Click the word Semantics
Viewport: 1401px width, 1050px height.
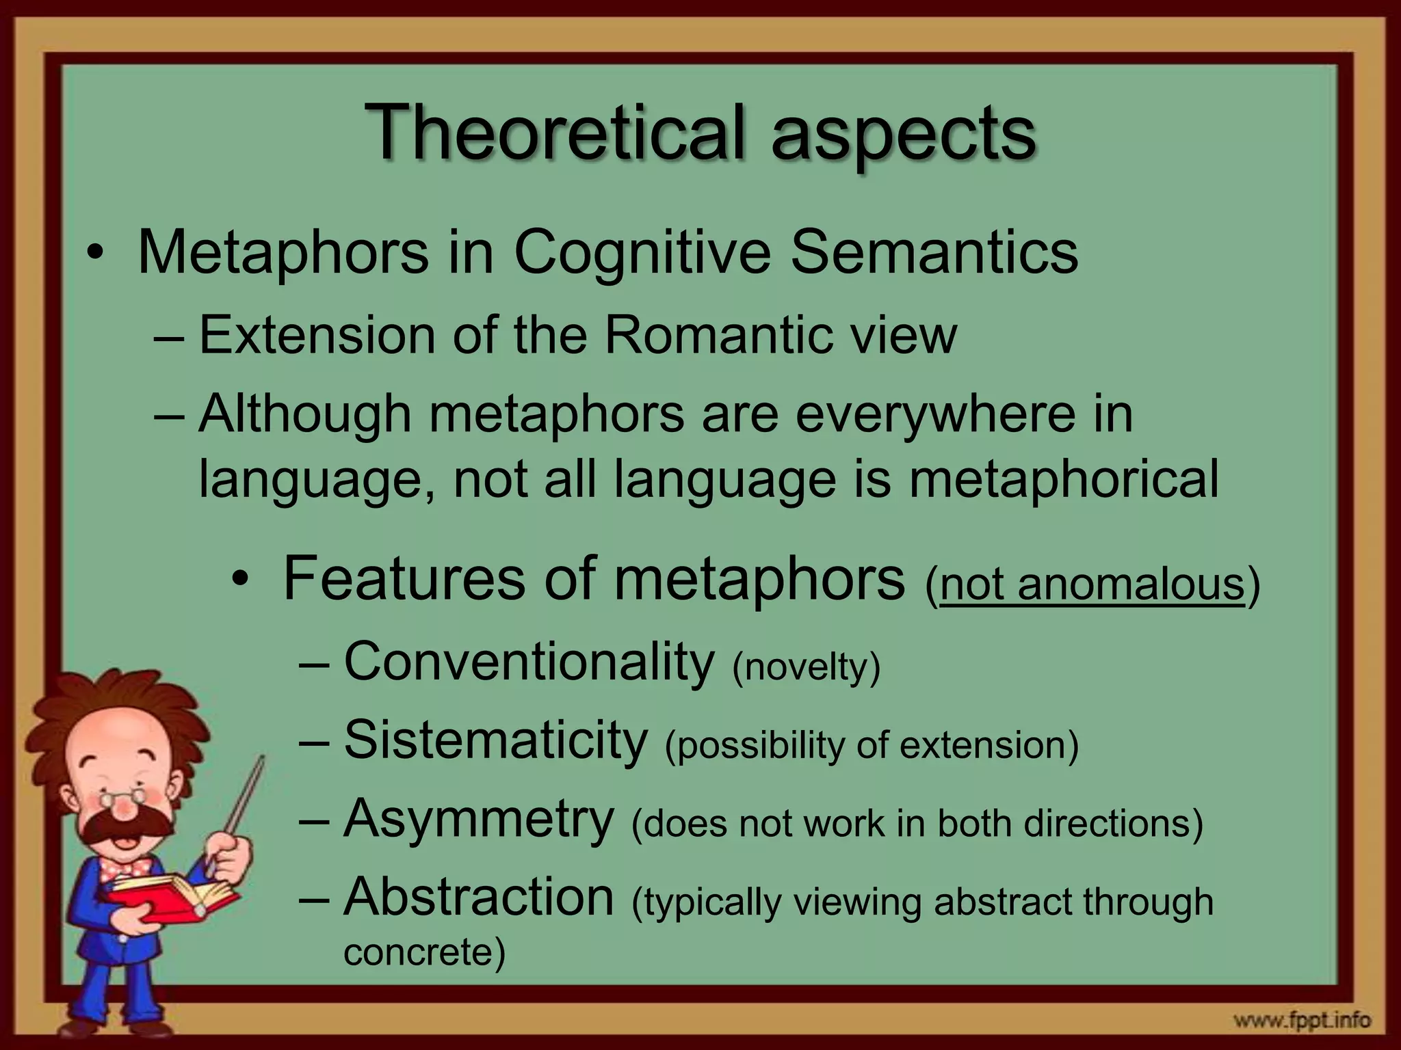(934, 253)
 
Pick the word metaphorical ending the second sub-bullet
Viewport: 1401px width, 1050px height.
(1063, 480)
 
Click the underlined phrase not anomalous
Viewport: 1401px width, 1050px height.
(1092, 585)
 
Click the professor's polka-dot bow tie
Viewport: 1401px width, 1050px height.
(123, 871)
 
